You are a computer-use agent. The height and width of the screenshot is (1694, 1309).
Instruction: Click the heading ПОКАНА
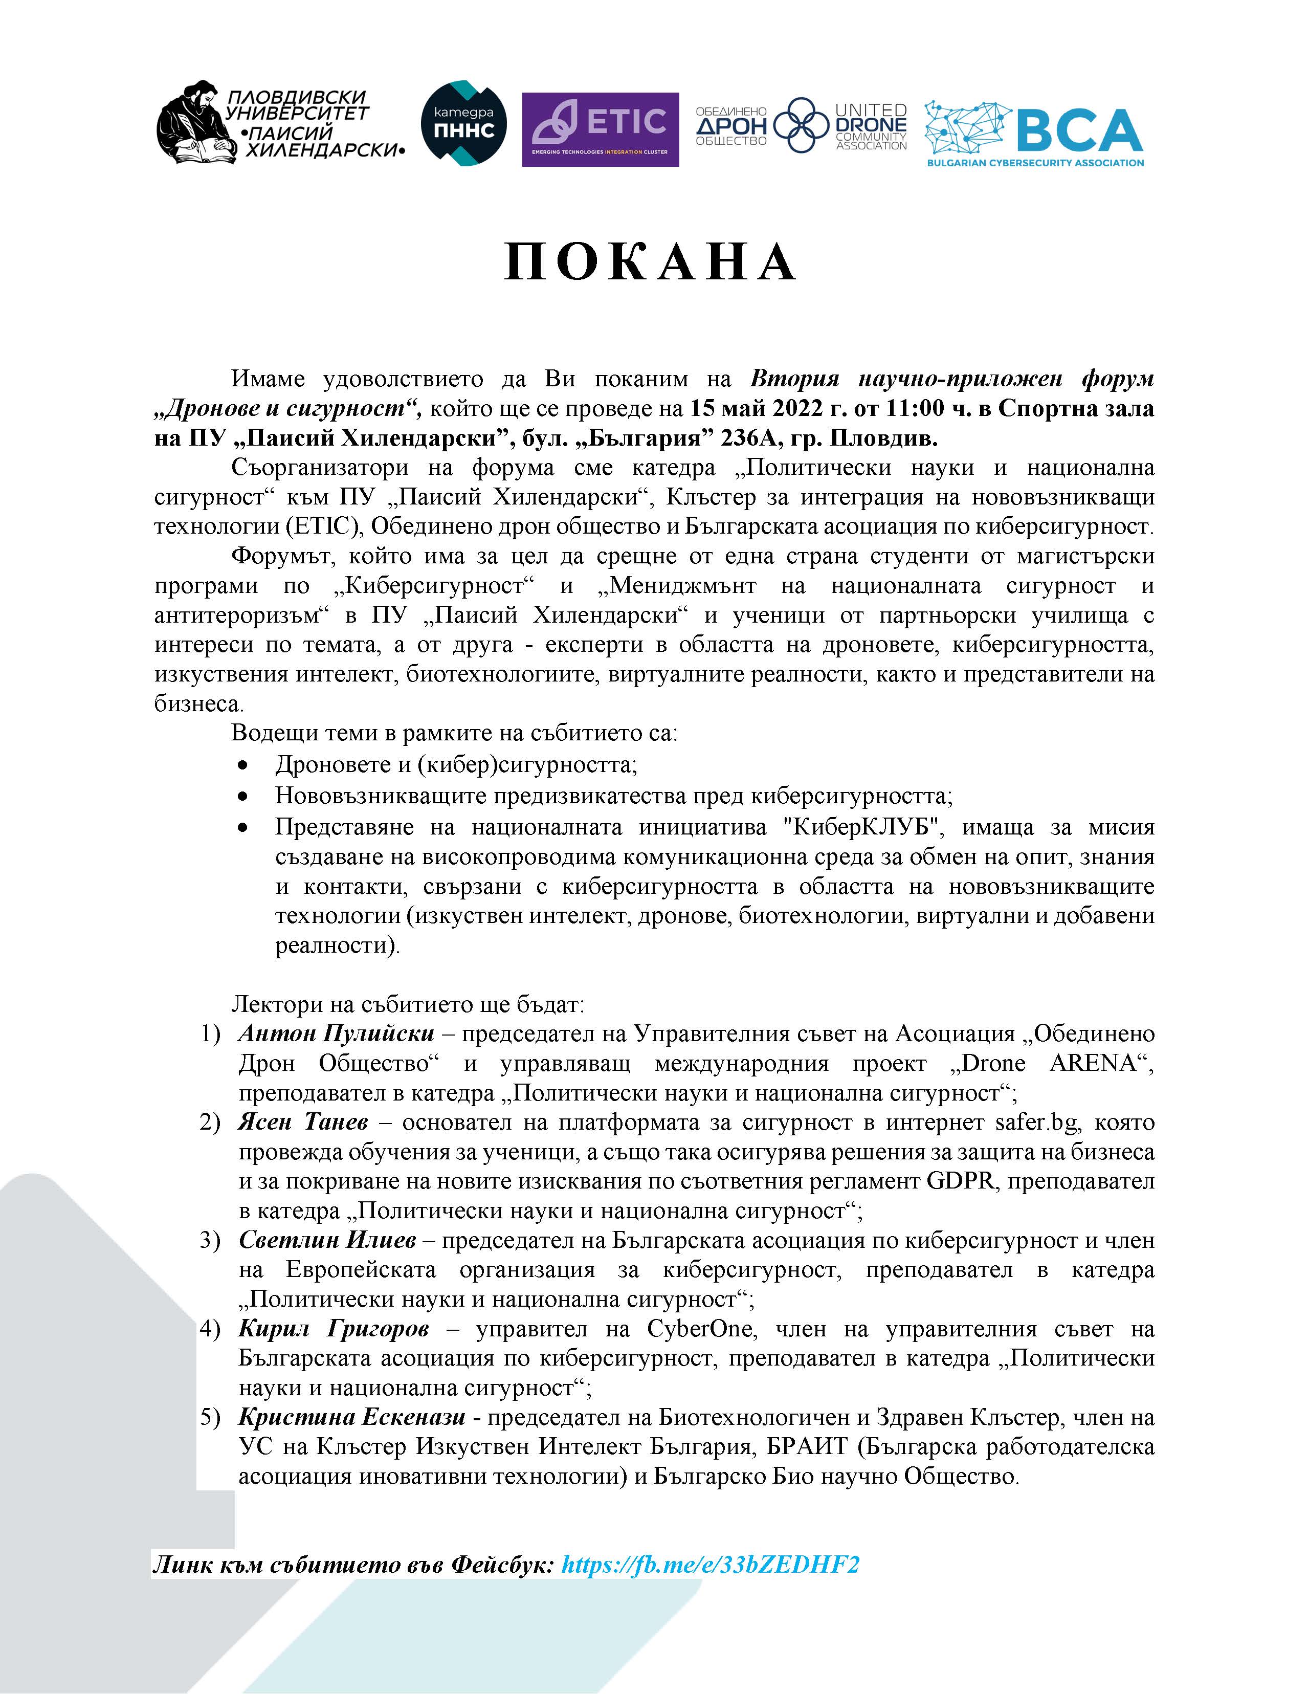[650, 262]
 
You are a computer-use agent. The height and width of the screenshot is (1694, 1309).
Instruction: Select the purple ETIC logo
[600, 129]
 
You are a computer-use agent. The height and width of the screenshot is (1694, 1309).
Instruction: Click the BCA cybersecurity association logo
[1034, 134]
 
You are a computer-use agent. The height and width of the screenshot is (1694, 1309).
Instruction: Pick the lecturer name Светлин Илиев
[327, 1240]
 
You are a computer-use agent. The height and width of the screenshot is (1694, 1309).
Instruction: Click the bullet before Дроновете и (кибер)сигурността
[243, 765]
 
